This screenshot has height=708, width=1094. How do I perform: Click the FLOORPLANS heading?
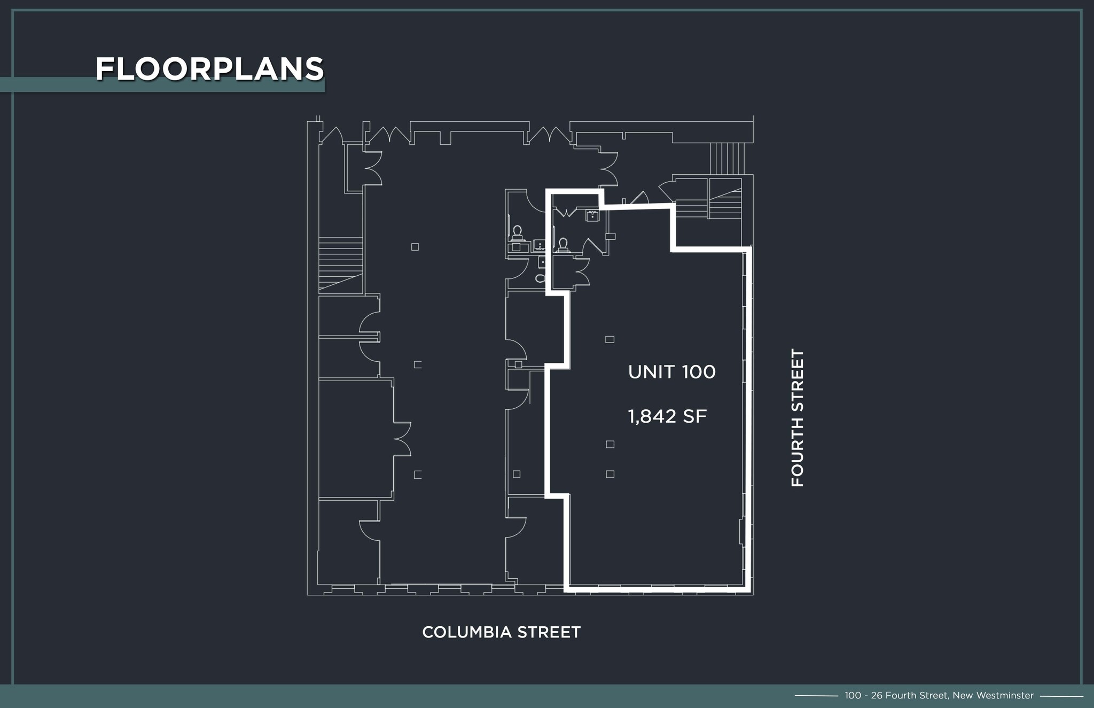(209, 69)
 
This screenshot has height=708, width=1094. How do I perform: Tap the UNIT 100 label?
(671, 372)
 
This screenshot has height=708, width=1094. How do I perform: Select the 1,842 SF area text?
(667, 416)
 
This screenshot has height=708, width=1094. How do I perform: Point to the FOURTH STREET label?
(797, 418)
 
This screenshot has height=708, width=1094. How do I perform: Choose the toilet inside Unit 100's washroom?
(562, 245)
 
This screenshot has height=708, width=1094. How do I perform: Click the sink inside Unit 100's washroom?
(592, 216)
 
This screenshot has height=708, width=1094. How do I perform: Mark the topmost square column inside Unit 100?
(609, 339)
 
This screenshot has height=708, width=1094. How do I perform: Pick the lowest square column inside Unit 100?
(610, 474)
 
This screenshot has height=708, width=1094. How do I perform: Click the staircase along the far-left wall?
(341, 264)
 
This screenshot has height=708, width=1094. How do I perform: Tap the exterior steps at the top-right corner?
(727, 158)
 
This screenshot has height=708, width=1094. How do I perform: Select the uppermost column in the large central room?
(415, 247)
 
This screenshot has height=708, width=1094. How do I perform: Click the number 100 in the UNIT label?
(698, 372)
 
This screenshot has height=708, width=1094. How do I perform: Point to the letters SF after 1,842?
(694, 416)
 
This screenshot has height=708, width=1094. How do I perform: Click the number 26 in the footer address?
(877, 695)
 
